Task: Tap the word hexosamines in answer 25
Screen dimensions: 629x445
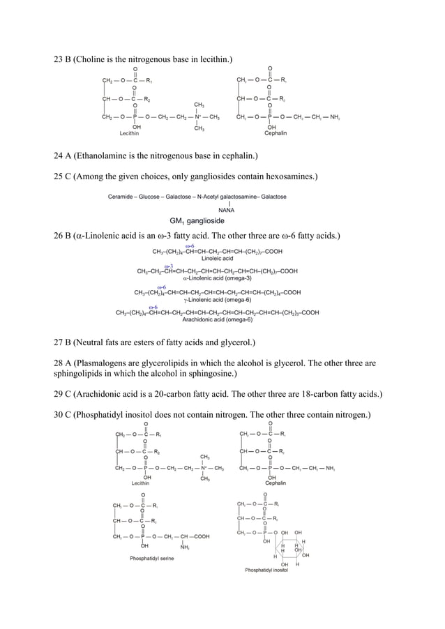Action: pos(287,176)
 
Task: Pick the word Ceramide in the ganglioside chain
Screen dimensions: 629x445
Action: pos(121,197)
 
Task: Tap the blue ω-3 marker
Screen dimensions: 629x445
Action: pos(169,266)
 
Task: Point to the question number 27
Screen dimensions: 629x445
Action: pos(59,342)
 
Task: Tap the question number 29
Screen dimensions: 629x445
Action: pos(59,393)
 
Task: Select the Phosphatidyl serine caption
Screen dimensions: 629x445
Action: pos(152,558)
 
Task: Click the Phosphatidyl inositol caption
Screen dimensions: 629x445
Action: pos(266,570)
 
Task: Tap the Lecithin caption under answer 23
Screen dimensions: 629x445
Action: pos(130,132)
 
